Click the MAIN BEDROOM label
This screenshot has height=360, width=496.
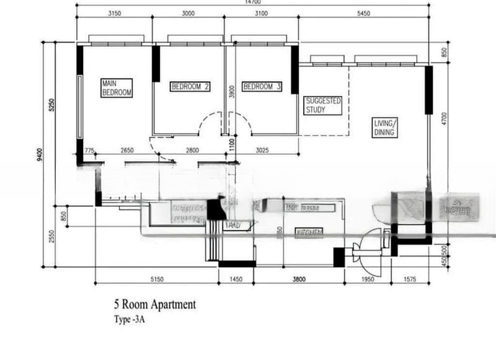(117, 87)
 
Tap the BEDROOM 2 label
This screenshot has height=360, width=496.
(190, 87)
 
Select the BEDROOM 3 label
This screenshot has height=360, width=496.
(262, 87)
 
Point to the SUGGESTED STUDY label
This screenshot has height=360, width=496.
(324, 105)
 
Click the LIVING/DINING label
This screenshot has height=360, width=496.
(384, 128)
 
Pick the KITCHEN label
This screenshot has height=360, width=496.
(309, 232)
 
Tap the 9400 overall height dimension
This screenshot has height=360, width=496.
(38, 154)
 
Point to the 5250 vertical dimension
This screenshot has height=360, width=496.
(52, 105)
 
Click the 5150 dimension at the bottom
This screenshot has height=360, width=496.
(157, 279)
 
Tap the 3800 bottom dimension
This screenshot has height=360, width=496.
(299, 279)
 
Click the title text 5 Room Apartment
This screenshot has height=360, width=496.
(154, 304)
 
